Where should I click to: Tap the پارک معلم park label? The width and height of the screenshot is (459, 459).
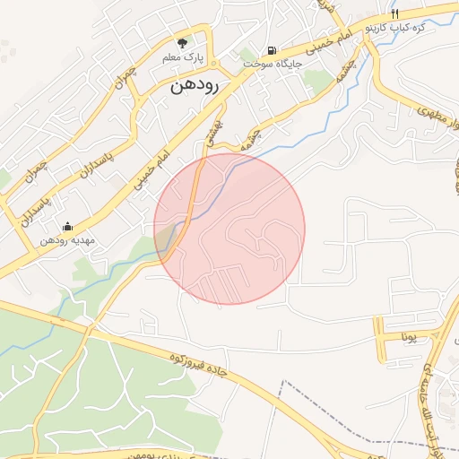pyautogui.click(x=183, y=57)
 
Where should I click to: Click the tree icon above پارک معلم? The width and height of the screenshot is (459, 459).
pyautogui.click(x=183, y=42)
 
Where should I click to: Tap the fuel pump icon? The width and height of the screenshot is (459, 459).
pyautogui.click(x=271, y=50)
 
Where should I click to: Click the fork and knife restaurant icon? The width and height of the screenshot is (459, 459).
pyautogui.click(x=394, y=14)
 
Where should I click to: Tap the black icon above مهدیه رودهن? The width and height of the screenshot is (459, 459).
pyautogui.click(x=67, y=226)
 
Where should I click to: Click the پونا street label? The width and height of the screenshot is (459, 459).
pyautogui.click(x=410, y=338)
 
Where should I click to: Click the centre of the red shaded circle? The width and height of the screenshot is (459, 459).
pyautogui.click(x=229, y=229)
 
